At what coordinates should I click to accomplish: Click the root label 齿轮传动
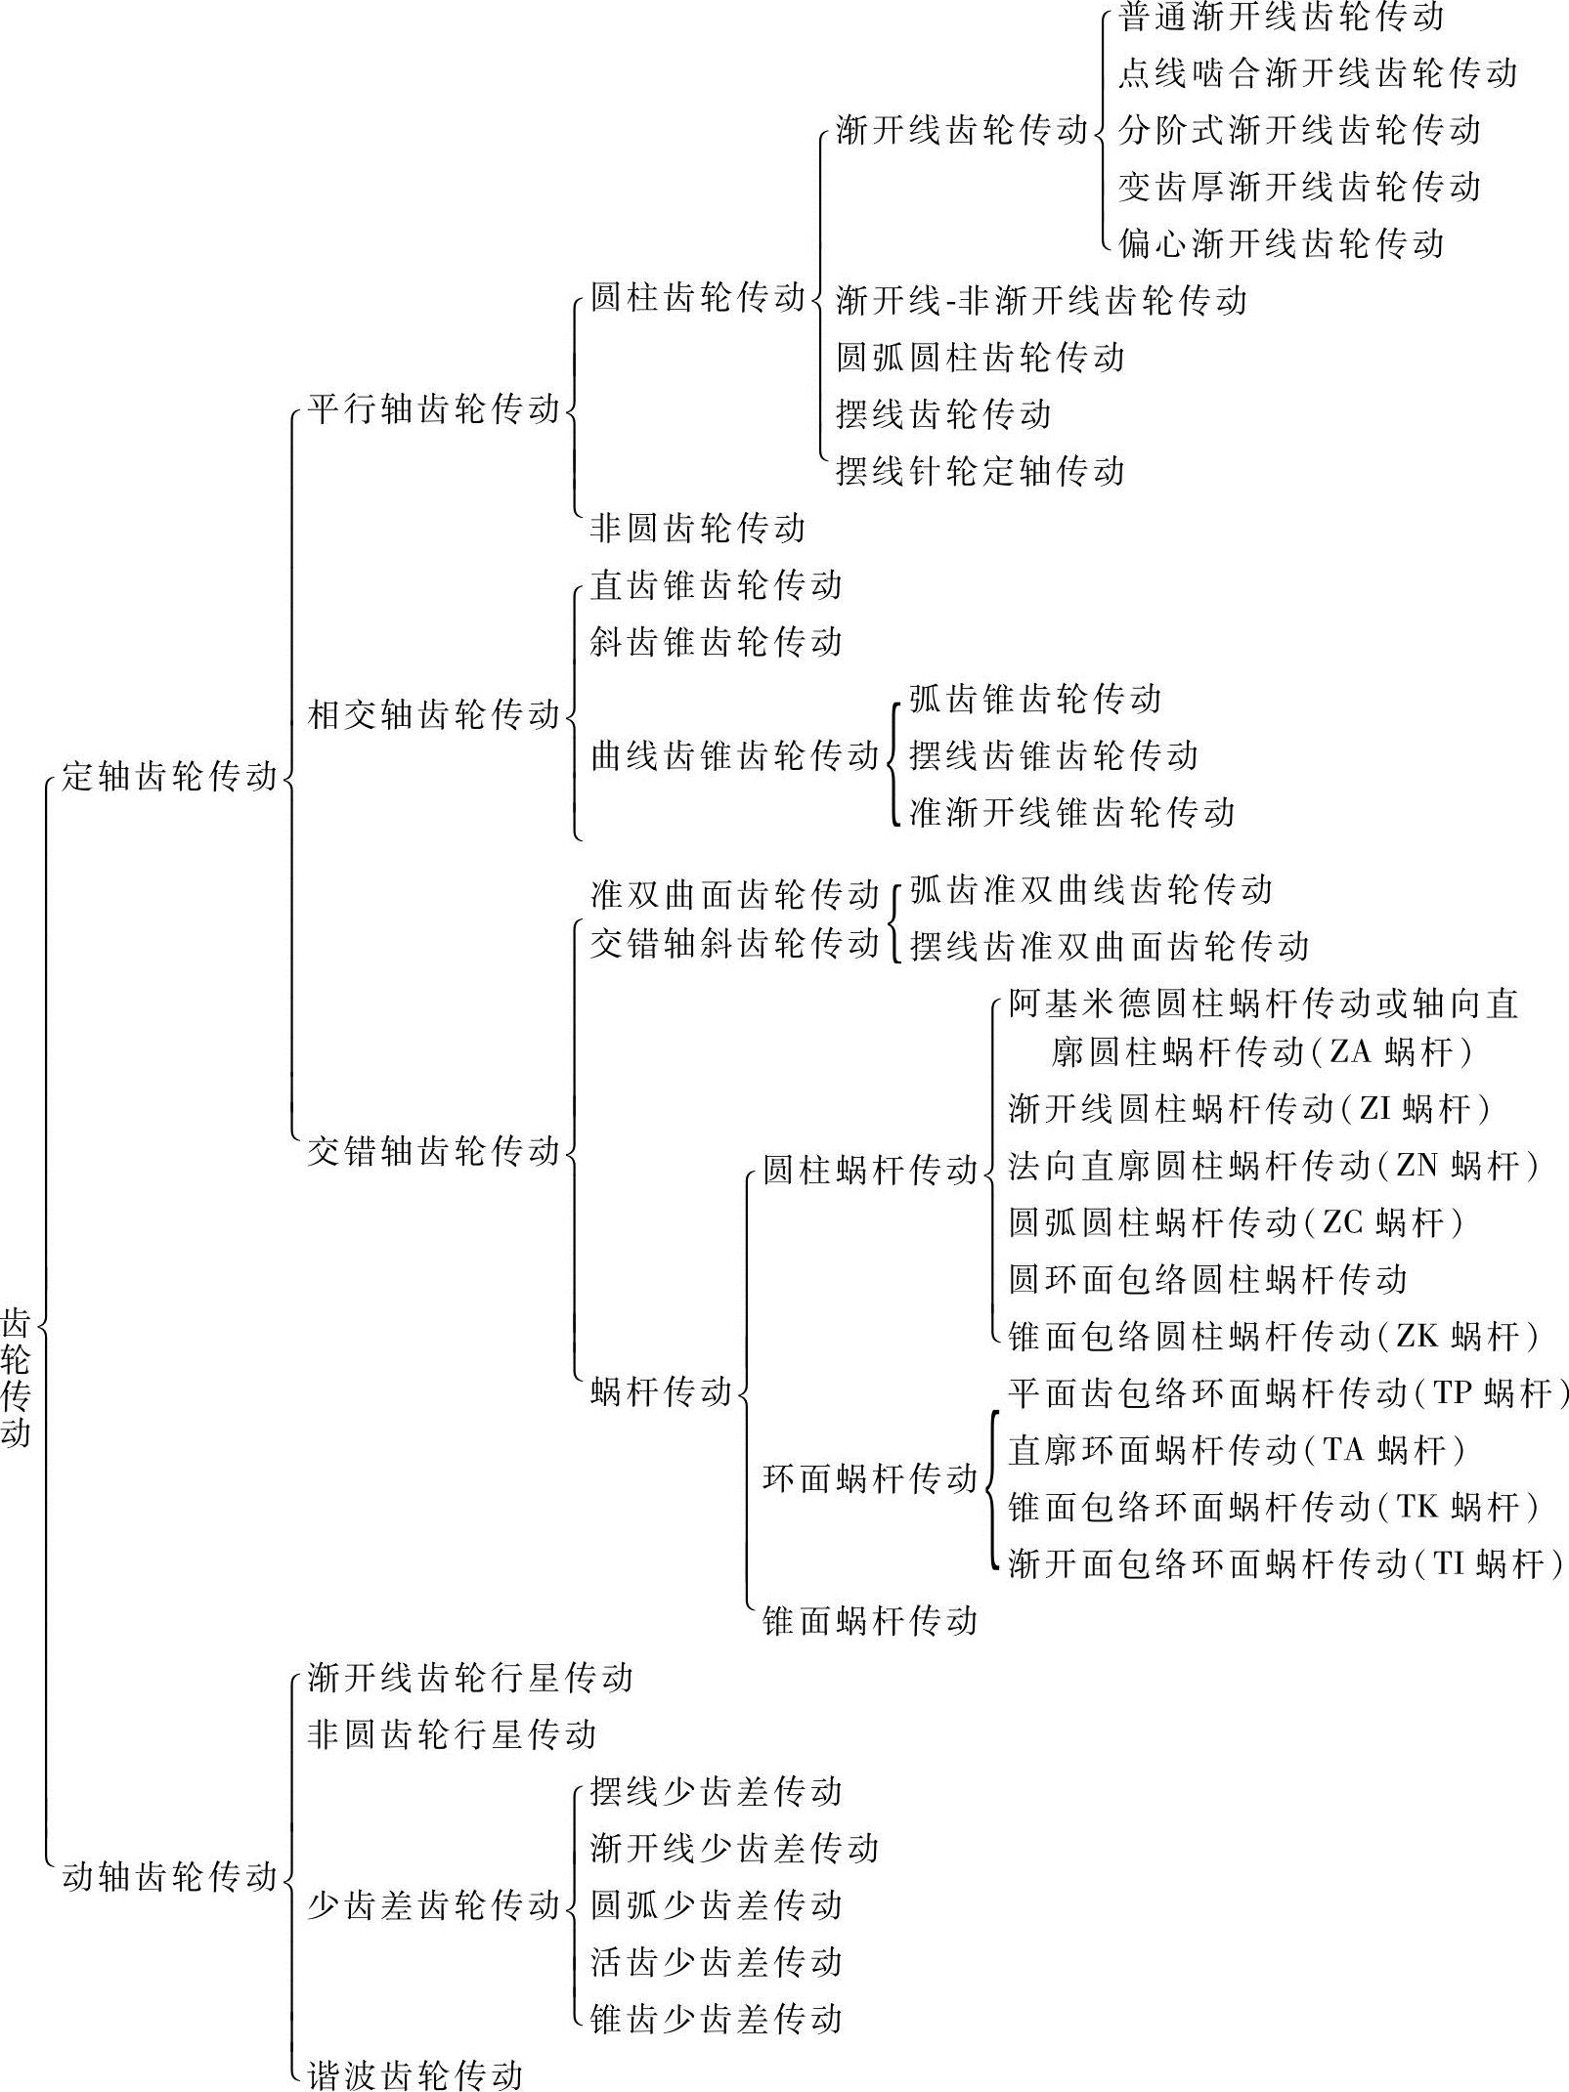(16, 1379)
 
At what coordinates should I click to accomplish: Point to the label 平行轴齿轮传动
(433, 408)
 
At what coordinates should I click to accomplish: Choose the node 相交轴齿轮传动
(433, 714)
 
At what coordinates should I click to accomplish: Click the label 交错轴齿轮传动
(433, 1150)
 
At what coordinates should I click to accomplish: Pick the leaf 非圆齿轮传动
(697, 528)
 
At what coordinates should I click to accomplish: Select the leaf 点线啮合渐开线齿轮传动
(1317, 73)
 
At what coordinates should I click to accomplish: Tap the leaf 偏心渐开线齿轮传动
(1281, 243)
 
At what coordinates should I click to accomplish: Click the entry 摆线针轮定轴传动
(981, 471)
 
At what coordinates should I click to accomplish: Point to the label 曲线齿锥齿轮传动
(734, 755)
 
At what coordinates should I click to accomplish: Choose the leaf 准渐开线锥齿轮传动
(1072, 812)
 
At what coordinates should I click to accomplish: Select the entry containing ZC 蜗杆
(1236, 1222)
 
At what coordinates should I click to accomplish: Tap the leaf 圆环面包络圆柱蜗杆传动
(1207, 1279)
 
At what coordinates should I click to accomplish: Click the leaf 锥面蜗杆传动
(870, 1621)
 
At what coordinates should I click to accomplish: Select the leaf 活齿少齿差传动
(716, 1961)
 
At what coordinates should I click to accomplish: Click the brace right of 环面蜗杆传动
(992, 1478)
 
